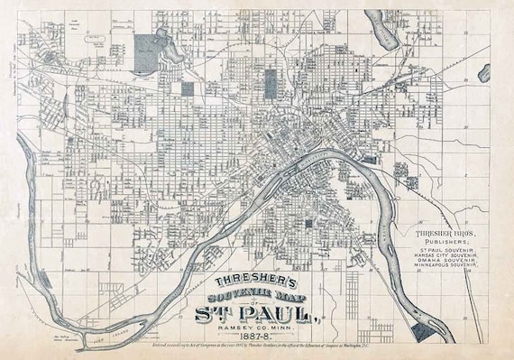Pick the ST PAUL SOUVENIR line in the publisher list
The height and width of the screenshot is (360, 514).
[x=448, y=250]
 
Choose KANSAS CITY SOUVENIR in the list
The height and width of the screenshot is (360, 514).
[x=448, y=257]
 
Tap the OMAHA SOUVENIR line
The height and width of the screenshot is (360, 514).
[x=448, y=263]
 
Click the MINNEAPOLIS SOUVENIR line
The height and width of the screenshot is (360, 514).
[x=448, y=271]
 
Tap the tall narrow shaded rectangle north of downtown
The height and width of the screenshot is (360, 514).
[x=188, y=88]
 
